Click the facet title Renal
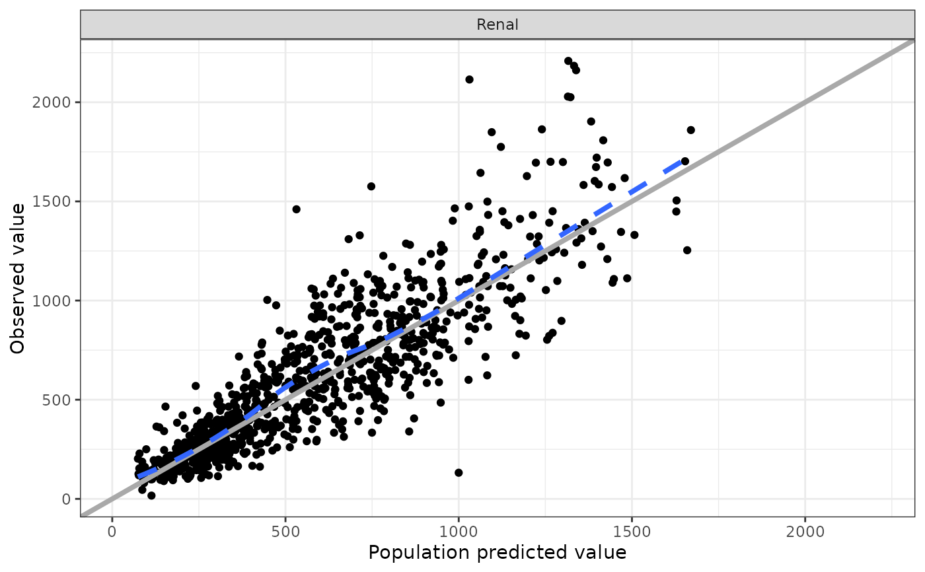pyautogui.click(x=498, y=25)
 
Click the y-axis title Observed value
pyautogui.click(x=18, y=278)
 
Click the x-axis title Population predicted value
pyautogui.click(x=497, y=552)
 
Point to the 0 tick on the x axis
pyautogui.click(x=112, y=531)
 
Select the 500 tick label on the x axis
pyautogui.click(x=285, y=531)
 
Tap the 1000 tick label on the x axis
pyautogui.click(x=459, y=531)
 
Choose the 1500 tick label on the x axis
pyautogui.click(x=632, y=531)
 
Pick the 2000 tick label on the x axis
pyautogui.click(x=805, y=531)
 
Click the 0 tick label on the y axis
pyautogui.click(x=67, y=499)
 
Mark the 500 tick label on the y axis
pyautogui.click(x=58, y=400)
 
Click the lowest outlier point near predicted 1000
pyautogui.click(x=459, y=472)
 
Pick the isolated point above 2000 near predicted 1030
pyautogui.click(x=469, y=79)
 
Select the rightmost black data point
pyautogui.click(x=691, y=129)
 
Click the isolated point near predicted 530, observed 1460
pyautogui.click(x=296, y=209)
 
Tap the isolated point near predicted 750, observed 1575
pyautogui.click(x=371, y=186)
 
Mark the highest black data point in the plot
pyautogui.click(x=568, y=61)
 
